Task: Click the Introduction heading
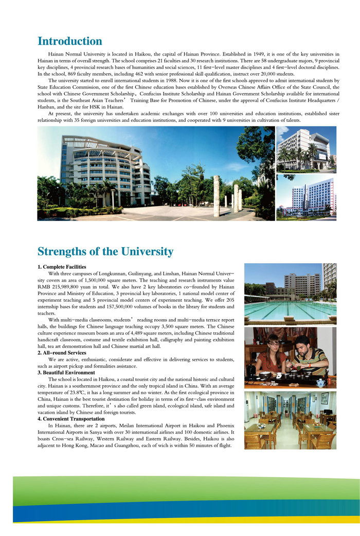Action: tap(70, 42)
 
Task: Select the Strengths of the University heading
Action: tap(105, 252)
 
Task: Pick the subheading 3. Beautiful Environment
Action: tap(66, 373)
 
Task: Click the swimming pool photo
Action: tap(290, 294)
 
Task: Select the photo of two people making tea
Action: tap(290, 358)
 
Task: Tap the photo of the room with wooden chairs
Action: tap(290, 420)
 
